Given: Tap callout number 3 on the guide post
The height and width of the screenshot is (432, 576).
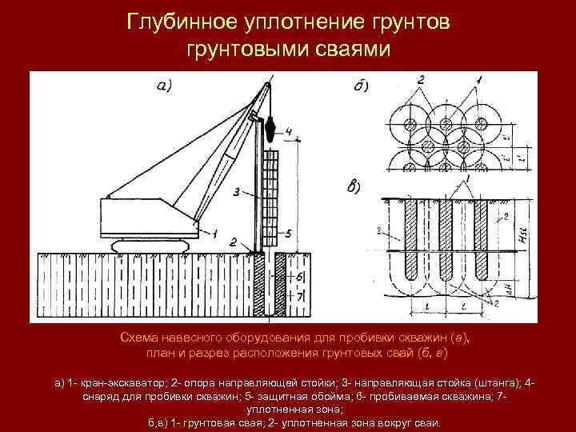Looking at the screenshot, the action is [237, 192].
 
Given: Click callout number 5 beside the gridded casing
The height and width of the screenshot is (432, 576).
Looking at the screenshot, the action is [289, 233].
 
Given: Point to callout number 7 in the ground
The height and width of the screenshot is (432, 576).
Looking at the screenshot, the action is [301, 297].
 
